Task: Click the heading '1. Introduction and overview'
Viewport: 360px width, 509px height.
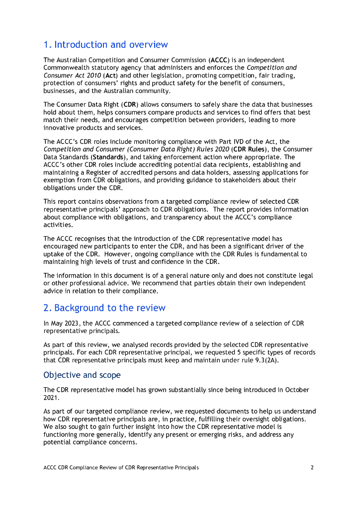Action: click(105, 45)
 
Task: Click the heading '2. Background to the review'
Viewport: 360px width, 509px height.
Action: click(104, 308)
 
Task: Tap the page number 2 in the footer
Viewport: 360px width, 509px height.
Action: click(312, 467)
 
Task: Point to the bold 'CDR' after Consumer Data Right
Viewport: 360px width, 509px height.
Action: click(130, 104)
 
